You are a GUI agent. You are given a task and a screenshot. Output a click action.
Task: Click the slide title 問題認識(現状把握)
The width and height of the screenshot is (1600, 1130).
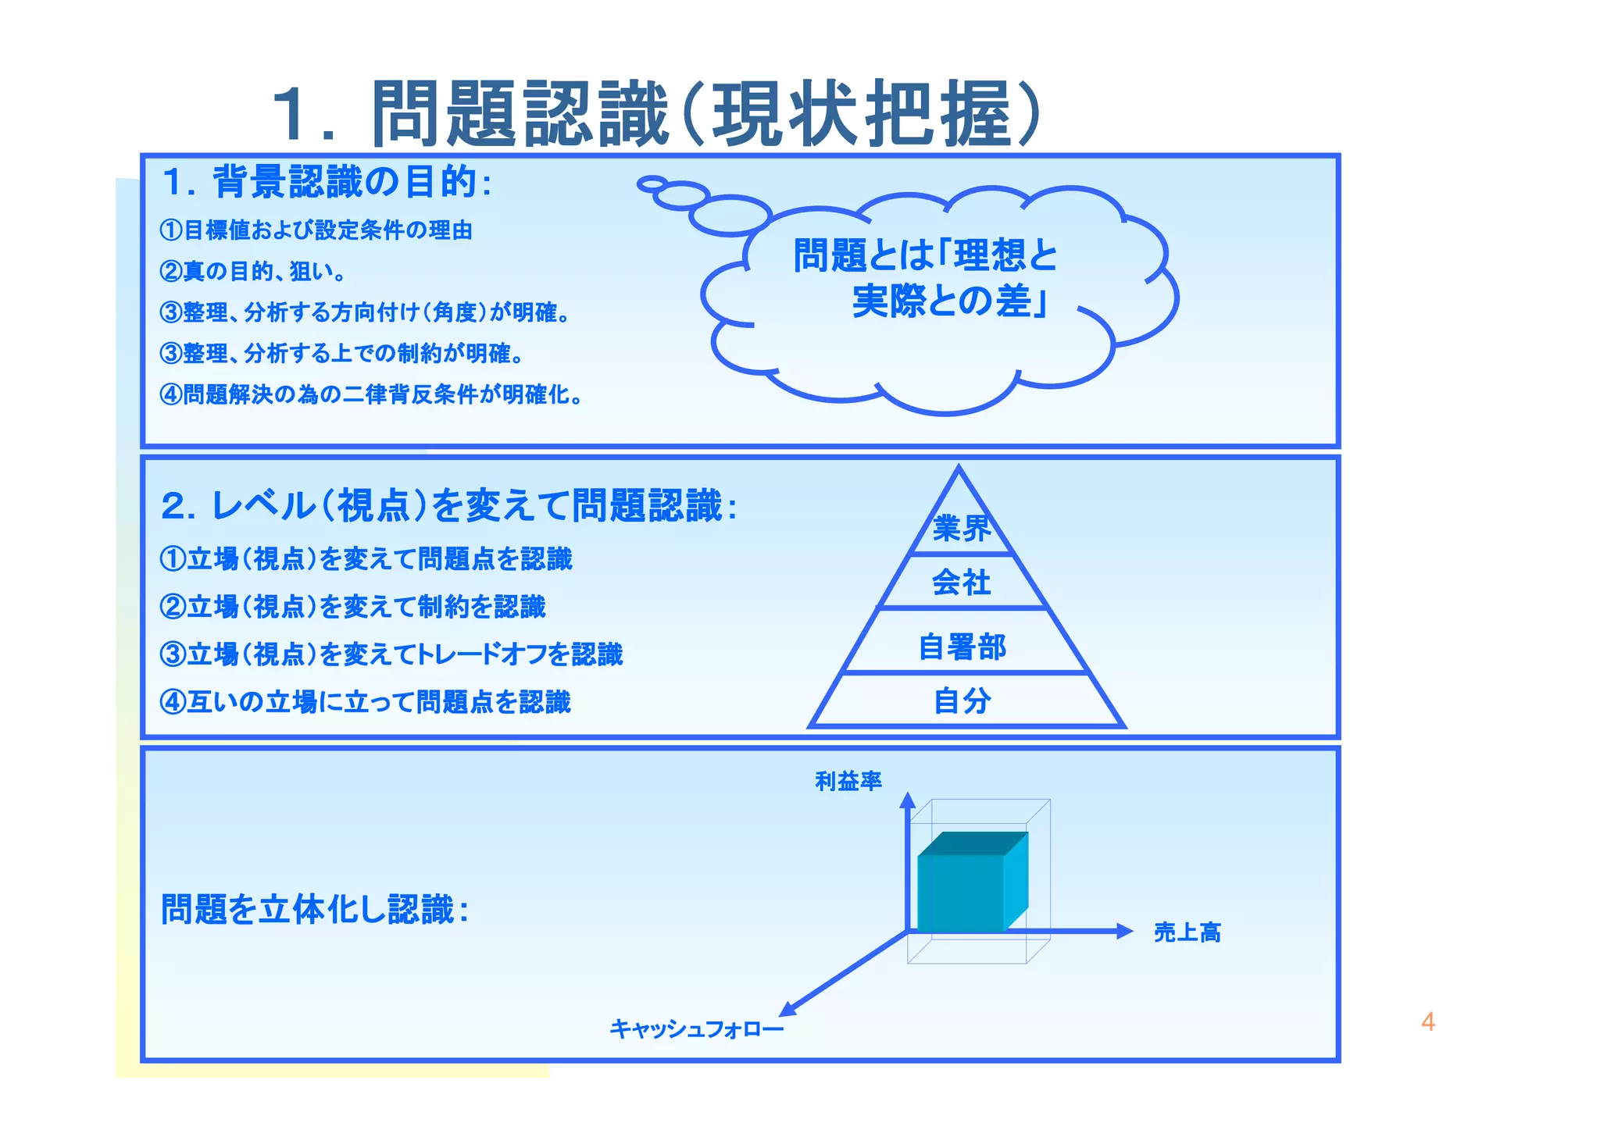[656, 114]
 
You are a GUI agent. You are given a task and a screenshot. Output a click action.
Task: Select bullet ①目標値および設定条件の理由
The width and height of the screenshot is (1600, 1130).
[316, 230]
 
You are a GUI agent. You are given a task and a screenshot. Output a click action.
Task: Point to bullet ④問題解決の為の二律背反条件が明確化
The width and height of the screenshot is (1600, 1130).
[370, 395]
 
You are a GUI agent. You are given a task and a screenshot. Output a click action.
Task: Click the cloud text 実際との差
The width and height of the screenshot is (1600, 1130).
[949, 301]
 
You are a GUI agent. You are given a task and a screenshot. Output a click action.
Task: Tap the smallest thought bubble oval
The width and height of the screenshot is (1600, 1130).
[652, 184]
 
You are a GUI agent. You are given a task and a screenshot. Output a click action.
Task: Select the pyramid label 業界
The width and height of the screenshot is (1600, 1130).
[961, 529]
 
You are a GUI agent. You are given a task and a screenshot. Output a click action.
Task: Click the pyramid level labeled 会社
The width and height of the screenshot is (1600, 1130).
[961, 583]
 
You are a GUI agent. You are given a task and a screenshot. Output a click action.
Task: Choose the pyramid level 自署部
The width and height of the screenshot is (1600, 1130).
[962, 647]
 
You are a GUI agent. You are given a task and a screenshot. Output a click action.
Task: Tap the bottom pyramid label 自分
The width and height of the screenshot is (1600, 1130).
[962, 700]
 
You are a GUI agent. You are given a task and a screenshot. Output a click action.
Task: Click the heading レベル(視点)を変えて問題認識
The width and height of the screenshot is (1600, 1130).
[448, 506]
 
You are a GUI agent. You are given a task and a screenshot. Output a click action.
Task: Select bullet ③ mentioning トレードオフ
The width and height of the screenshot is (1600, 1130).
[391, 654]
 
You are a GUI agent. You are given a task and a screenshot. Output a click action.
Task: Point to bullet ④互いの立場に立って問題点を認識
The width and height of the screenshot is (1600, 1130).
[365, 702]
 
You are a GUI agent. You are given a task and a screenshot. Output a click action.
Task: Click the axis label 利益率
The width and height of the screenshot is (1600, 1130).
[848, 781]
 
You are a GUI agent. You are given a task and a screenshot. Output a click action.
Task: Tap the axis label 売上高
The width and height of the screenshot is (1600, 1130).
[1187, 932]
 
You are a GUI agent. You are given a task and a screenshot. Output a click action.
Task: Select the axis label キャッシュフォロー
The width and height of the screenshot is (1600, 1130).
[696, 1029]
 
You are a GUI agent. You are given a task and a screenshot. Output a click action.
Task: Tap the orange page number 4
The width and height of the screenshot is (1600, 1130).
[1427, 1022]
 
